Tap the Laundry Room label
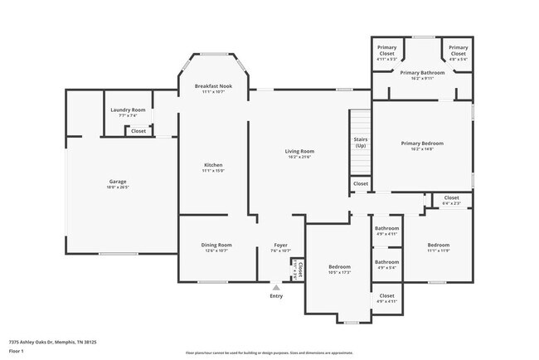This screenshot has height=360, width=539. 128,112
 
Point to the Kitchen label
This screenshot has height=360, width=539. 213,167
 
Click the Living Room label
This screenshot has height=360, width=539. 299,153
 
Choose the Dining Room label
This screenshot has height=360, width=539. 216,246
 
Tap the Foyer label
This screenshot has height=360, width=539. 281,246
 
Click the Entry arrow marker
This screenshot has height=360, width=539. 276,288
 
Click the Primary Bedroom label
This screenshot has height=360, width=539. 422,145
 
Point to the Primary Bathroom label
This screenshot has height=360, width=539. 422,75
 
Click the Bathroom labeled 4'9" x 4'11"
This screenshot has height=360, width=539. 387,231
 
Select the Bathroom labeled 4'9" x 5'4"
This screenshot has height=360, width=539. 387,264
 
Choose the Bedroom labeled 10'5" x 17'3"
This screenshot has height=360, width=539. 339,268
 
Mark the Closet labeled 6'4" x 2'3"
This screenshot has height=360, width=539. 451,199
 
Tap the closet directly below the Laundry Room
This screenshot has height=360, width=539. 138,131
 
